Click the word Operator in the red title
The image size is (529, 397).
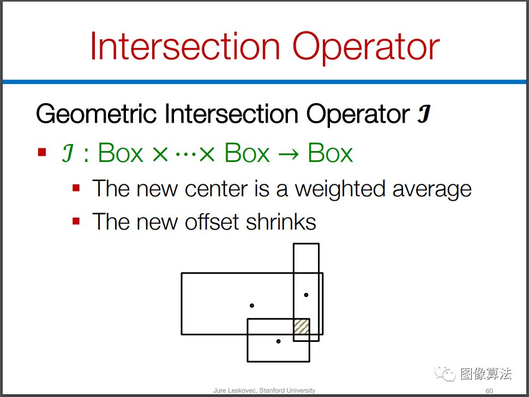[x=366, y=48]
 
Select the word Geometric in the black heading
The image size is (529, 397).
[x=96, y=115]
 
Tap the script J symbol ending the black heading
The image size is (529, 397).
[x=423, y=114]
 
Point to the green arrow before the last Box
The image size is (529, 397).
[x=288, y=154]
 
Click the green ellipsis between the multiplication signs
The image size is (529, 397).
[x=185, y=155]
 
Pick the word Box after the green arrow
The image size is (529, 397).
[x=330, y=153]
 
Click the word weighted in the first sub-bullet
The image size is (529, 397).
[x=340, y=189]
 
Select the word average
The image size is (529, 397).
[x=432, y=190]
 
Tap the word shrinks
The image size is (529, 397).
[x=281, y=222]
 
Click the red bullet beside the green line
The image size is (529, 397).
[x=42, y=153]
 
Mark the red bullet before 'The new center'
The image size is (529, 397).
[x=76, y=188]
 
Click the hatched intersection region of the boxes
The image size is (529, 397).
[x=302, y=327]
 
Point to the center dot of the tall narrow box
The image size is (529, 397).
[x=306, y=295]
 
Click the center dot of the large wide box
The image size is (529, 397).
[x=251, y=305]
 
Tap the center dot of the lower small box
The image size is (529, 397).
[x=278, y=341]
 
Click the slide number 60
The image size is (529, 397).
[x=489, y=391]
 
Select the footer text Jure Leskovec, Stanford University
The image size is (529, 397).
[x=264, y=390]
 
